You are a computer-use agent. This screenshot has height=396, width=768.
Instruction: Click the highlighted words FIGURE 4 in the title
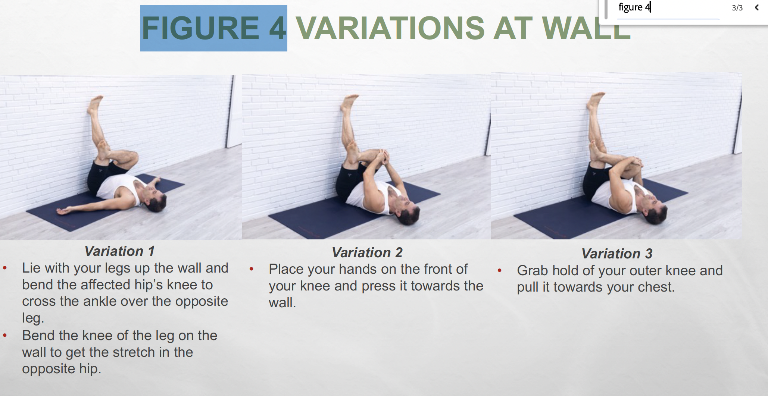pos(214,28)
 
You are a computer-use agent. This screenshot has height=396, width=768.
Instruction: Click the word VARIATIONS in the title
pos(390,28)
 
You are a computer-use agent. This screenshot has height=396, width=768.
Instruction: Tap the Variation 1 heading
pos(119,251)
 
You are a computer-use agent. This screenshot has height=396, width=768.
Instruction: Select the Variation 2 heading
pos(367,252)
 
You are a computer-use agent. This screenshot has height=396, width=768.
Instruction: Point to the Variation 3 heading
pos(617,254)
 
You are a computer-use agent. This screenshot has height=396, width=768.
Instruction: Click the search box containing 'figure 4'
pos(668,8)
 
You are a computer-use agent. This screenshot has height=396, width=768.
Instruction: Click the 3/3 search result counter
pos(737,8)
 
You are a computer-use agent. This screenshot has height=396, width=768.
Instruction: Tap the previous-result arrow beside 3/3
pos(757,7)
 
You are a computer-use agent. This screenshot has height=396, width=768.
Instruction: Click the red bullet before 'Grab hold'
pos(500,270)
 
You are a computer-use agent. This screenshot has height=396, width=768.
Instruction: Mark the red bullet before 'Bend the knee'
pos(5,335)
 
